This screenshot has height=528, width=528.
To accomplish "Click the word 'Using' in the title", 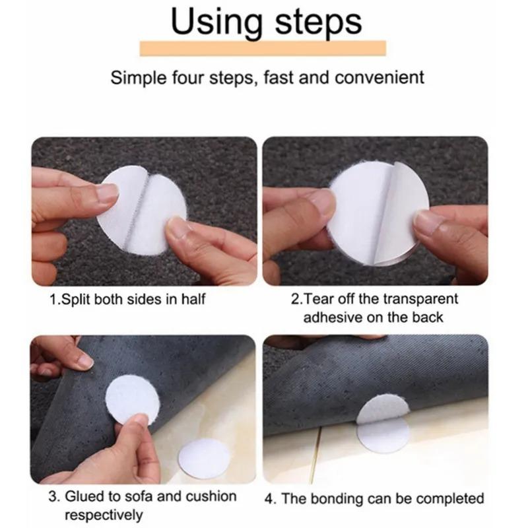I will point(209,23).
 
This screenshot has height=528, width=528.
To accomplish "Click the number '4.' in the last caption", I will point(270,499).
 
